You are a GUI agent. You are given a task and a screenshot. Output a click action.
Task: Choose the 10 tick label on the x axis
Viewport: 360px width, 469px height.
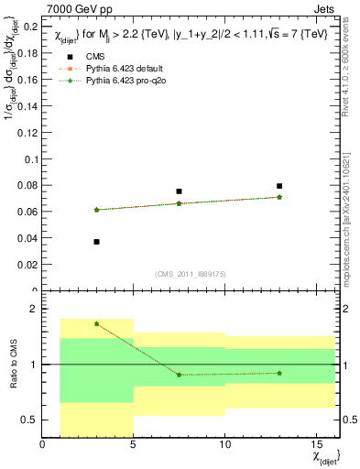click(x=224, y=445)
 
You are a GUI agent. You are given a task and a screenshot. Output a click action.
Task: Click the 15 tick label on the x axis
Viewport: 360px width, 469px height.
click(x=316, y=445)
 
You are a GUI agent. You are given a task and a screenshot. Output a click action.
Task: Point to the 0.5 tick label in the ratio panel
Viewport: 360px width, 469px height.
click(x=27, y=420)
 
